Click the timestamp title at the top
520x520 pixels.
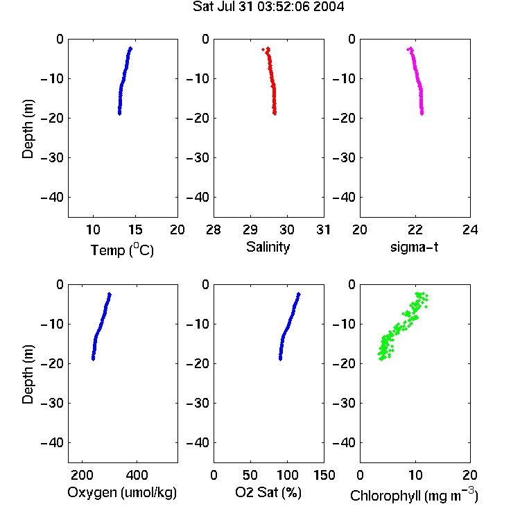click(268, 6)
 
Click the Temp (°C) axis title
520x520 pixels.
click(122, 250)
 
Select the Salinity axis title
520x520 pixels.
click(268, 248)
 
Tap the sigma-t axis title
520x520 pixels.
click(414, 247)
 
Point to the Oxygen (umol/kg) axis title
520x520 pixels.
click(122, 493)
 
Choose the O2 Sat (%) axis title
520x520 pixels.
click(268, 492)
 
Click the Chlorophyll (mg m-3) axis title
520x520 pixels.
click(414, 495)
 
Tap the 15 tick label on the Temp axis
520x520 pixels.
click(135, 229)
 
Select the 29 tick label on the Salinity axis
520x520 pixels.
click(250, 229)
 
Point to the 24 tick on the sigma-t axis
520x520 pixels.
click(470, 229)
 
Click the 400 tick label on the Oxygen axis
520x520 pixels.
click(137, 475)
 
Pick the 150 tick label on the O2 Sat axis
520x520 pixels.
click(324, 475)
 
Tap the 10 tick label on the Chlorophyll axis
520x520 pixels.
click(415, 475)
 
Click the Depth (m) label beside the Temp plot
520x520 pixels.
click(28, 129)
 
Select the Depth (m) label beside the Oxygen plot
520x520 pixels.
click(28, 374)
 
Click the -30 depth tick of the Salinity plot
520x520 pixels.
click(198, 158)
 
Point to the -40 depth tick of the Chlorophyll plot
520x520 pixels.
click(344, 442)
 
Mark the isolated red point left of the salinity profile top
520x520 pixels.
click(263, 50)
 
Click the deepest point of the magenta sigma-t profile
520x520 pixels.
click(422, 114)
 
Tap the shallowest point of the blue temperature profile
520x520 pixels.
click(130, 49)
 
